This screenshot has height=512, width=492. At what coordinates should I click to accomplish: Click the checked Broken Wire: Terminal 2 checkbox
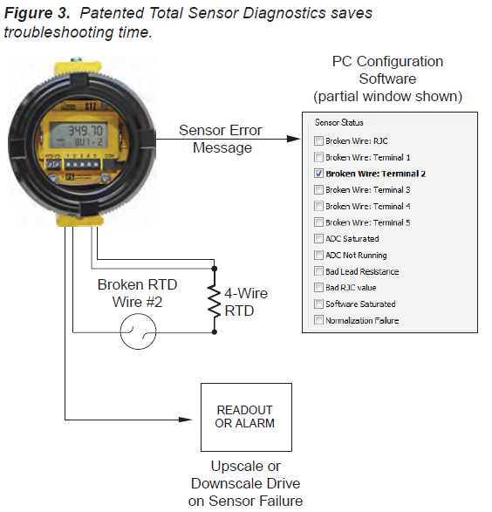pos(318,174)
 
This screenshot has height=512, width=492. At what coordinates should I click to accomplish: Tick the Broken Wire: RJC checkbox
pos(318,140)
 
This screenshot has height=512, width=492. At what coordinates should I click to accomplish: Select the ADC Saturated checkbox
pos(318,239)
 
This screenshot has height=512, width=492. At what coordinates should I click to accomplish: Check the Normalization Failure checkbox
pos(318,320)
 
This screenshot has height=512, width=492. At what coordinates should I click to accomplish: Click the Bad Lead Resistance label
pos(362,271)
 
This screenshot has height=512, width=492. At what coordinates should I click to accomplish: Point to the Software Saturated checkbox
pos(318,304)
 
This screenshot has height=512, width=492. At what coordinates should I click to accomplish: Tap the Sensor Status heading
pos(338,122)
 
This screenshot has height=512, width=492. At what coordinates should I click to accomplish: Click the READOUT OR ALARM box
pos(246,417)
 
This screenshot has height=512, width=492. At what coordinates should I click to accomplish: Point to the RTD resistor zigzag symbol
pos(215,300)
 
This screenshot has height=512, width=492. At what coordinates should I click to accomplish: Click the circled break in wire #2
pos(138,331)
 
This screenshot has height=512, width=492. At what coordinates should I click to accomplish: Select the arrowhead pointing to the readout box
pos(185,420)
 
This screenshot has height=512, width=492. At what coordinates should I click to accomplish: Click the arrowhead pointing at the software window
pos(293,139)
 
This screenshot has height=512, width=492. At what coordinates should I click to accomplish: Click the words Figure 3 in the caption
pos(37,13)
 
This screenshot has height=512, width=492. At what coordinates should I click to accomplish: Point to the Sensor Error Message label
pos(221,139)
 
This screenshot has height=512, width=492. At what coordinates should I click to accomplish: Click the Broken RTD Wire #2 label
pos(138,293)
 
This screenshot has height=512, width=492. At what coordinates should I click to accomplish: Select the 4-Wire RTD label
pos(246,302)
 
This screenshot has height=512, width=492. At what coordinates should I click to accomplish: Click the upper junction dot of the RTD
pos(215,269)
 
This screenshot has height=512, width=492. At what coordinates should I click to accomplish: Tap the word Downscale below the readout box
pos(246,483)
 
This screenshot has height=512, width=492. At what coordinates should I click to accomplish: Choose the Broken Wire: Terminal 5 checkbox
pos(318,222)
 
